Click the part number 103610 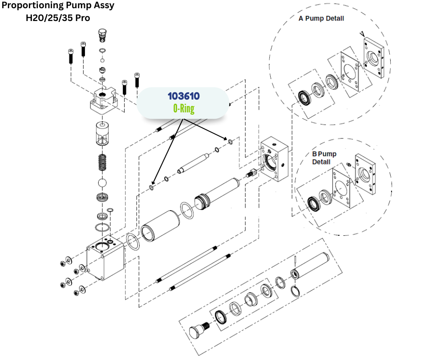[183, 96]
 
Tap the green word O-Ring [183, 109]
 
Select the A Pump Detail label [321, 19]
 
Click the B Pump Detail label [324, 158]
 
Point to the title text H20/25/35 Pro [58, 18]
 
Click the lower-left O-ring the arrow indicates [152, 187]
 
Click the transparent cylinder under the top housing [104, 134]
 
